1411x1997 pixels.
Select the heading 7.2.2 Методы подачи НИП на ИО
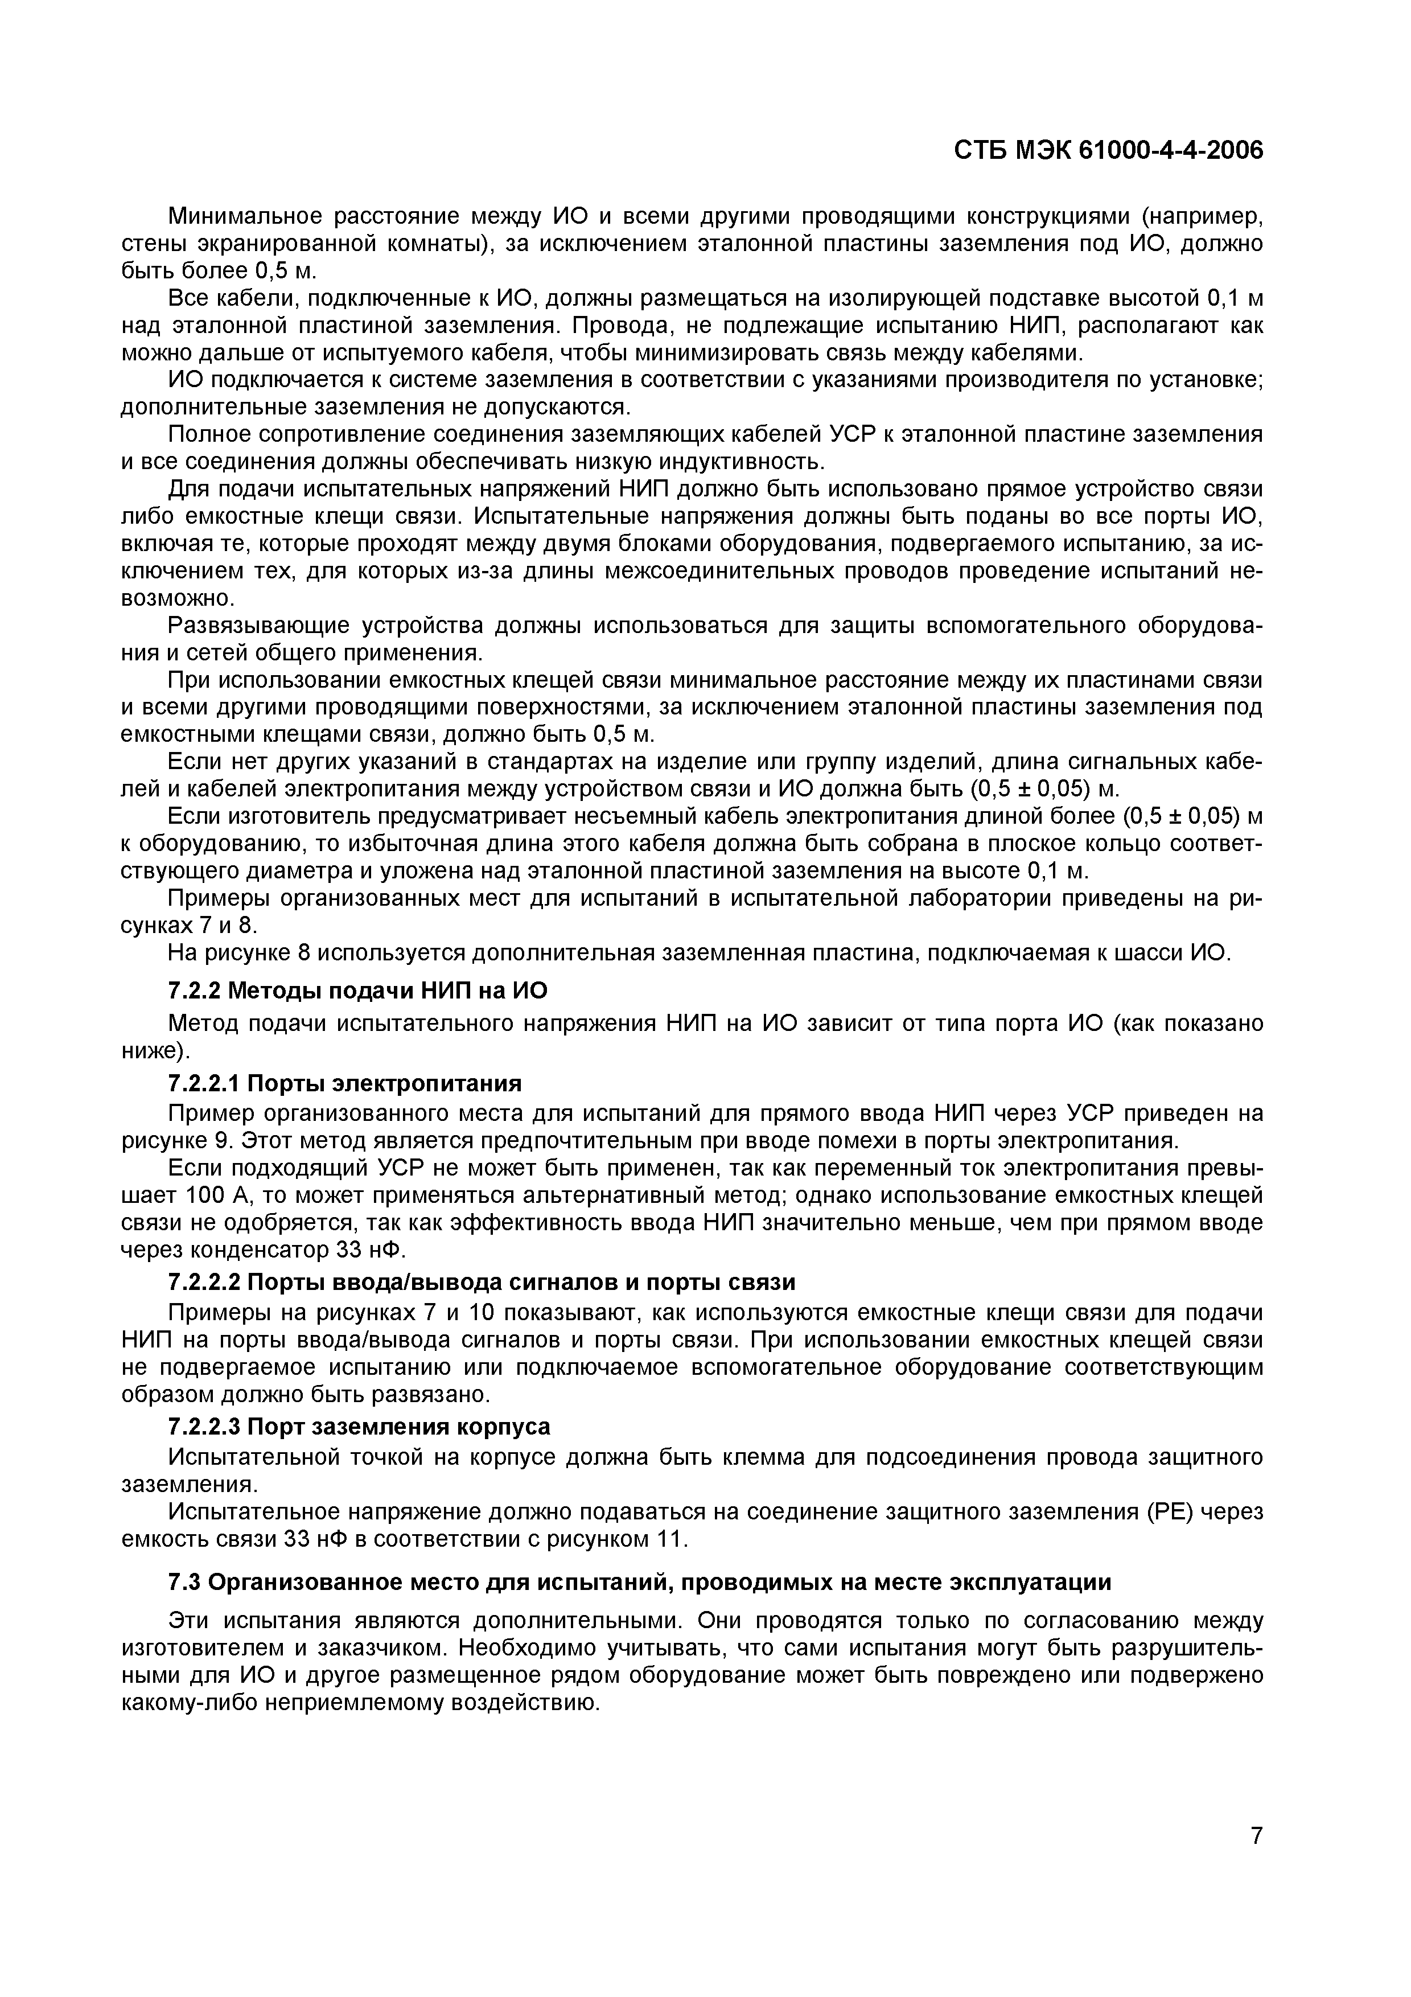click(357, 991)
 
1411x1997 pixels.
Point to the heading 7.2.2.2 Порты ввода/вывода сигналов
click(481, 1283)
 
